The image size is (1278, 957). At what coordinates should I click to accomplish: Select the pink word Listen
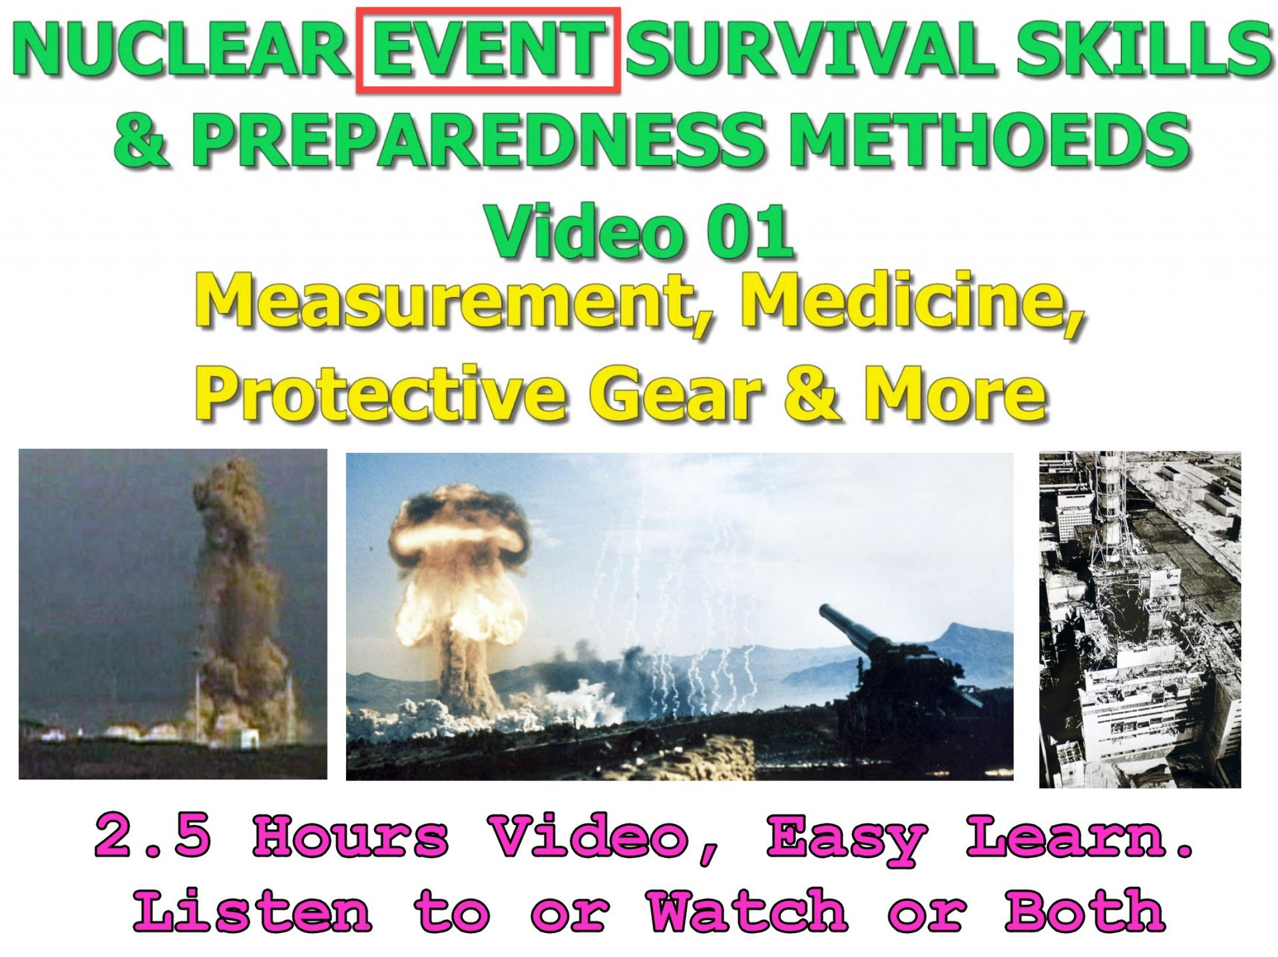(x=253, y=910)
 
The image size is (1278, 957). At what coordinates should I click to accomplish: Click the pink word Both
(x=1085, y=910)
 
